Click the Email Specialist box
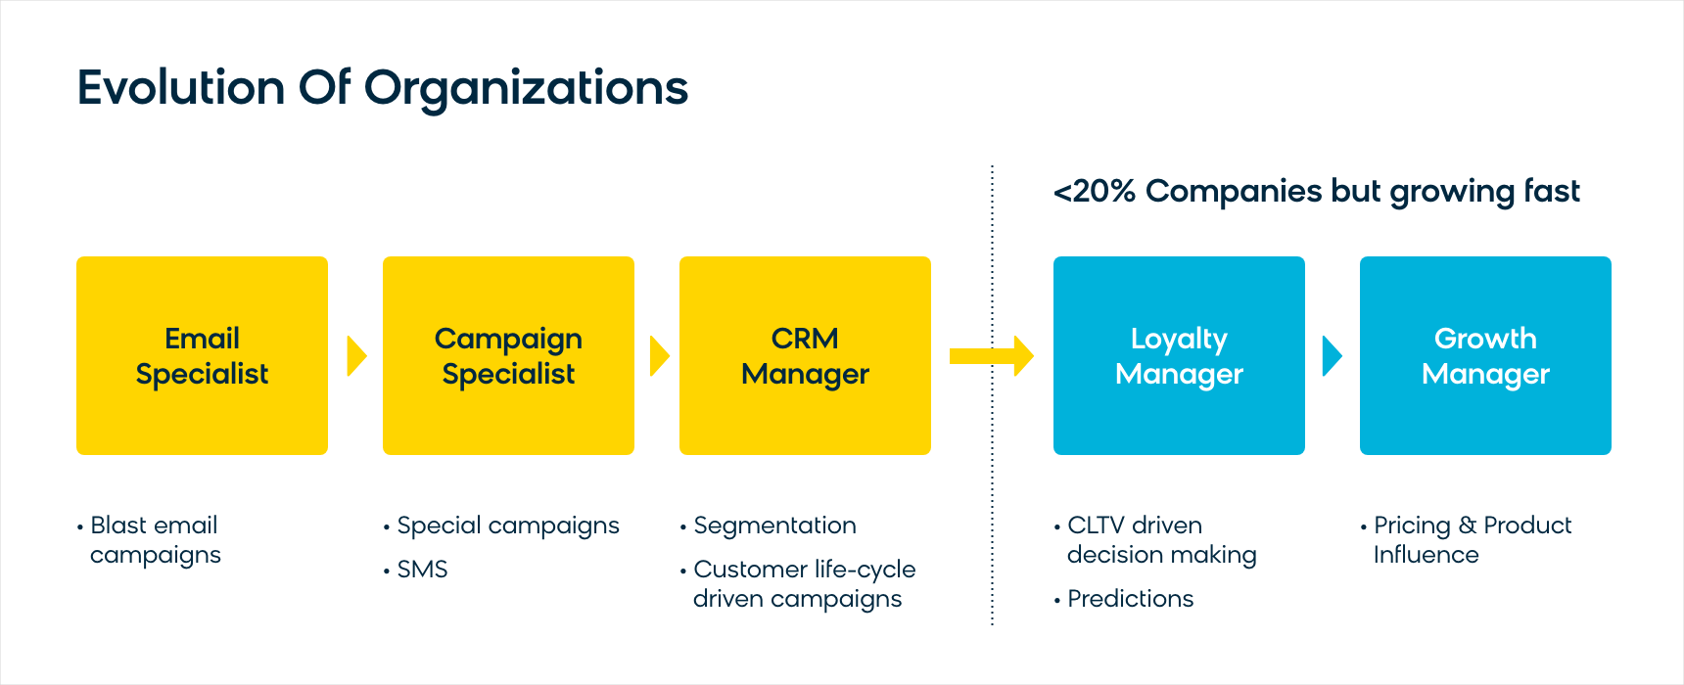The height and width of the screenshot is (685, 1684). click(202, 355)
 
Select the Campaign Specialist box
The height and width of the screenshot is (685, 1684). click(508, 355)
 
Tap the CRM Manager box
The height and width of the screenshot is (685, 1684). click(805, 355)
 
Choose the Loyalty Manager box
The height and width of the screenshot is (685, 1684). click(1179, 355)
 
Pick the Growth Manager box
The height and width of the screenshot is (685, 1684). click(1485, 355)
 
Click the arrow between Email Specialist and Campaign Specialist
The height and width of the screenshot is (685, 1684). click(356, 356)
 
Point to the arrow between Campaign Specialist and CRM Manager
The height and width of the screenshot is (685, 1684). click(659, 356)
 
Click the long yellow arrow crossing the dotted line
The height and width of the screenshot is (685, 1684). click(992, 356)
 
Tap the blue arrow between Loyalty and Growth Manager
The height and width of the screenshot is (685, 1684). click(1332, 356)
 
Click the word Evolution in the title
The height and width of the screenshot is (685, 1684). click(181, 87)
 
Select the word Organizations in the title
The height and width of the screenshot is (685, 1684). click(527, 89)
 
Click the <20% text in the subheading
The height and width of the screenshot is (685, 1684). click(1094, 191)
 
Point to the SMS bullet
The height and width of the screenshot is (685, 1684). click(422, 570)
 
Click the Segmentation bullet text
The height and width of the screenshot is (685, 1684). click(774, 526)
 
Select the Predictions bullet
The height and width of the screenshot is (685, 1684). click(1130, 599)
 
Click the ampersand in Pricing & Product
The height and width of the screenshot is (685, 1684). click(1467, 525)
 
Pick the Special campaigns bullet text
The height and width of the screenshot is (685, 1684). click(508, 526)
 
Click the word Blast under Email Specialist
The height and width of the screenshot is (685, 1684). click(120, 525)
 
